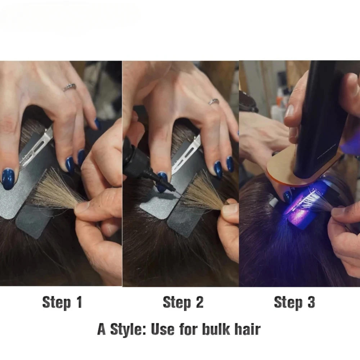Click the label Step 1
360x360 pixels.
click(62, 302)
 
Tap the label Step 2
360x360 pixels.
click(183, 302)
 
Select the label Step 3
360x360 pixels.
click(294, 302)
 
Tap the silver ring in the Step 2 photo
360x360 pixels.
click(214, 102)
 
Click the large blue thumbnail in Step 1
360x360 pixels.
click(8, 179)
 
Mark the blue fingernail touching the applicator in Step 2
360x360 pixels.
click(162, 179)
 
